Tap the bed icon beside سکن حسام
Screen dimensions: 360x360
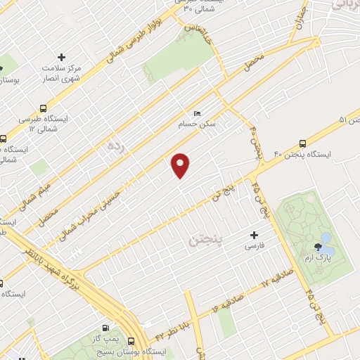click(197, 112)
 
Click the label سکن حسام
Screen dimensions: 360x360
click(216, 122)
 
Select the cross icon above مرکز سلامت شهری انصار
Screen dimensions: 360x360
click(61, 56)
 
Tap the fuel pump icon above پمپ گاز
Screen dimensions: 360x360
click(105, 328)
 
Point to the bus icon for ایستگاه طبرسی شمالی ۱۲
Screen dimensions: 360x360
click(44, 109)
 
